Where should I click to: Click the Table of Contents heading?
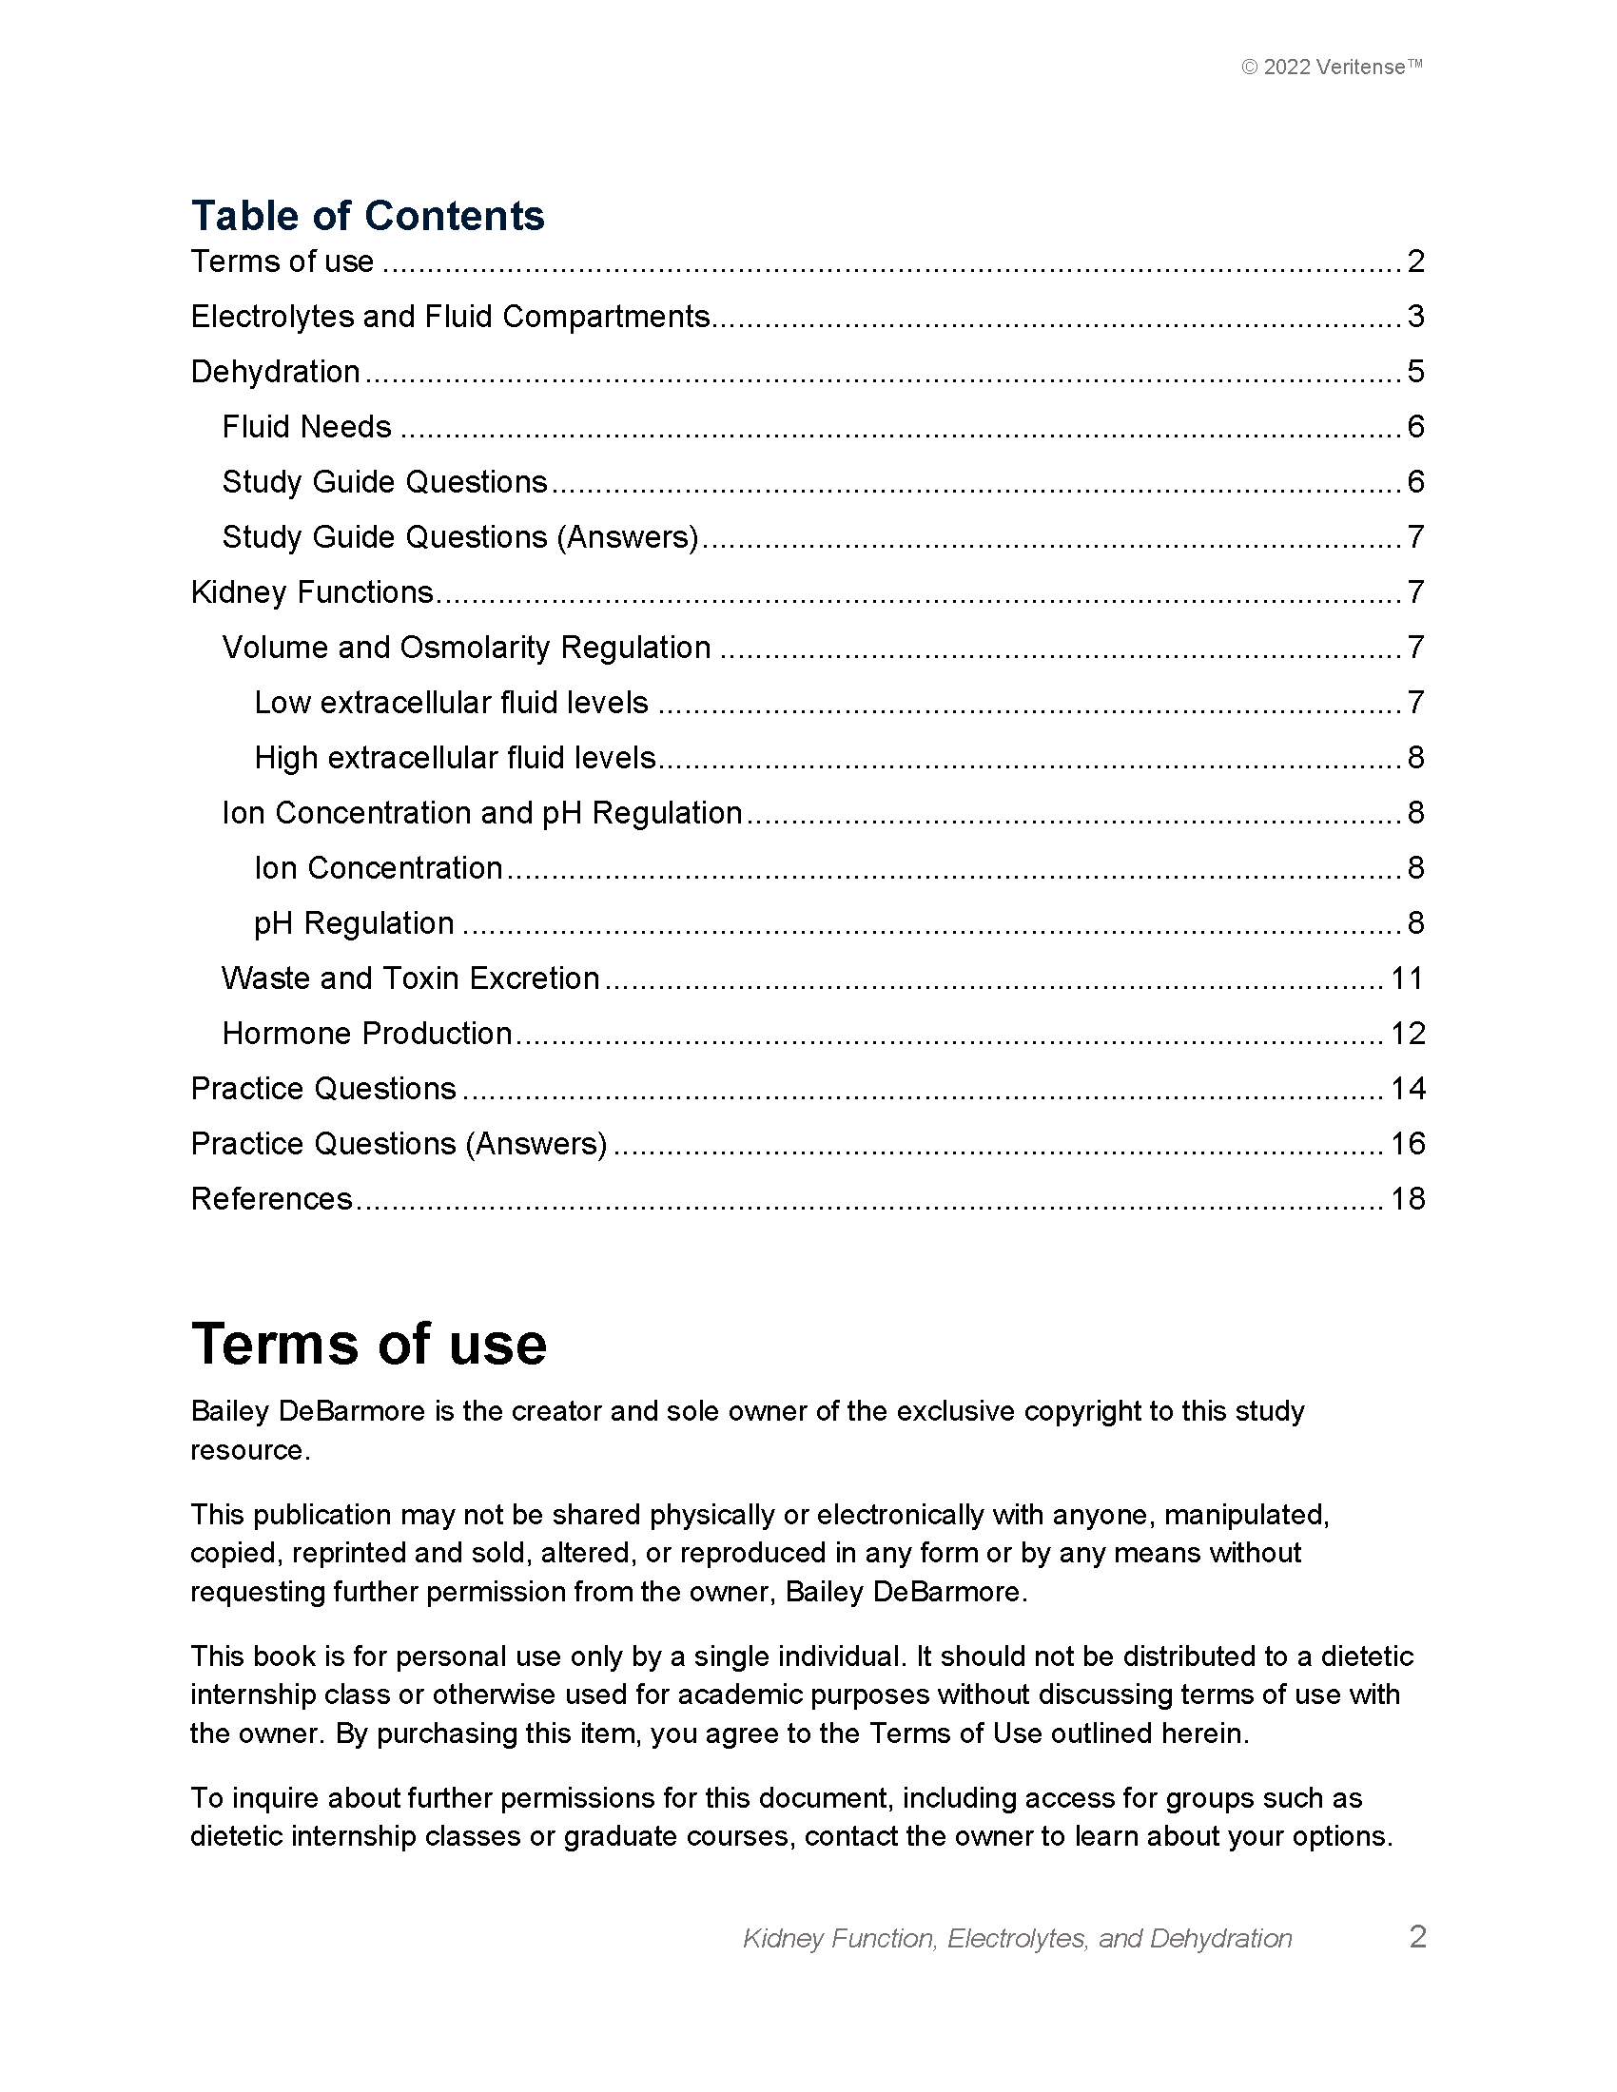click(367, 216)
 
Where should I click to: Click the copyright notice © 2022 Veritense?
click(1332, 68)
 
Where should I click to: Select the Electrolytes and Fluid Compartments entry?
click(450, 316)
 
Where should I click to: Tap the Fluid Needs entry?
click(306, 426)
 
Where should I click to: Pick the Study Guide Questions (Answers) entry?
click(459, 536)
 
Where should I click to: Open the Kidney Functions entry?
click(312, 592)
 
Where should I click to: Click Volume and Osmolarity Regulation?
click(466, 648)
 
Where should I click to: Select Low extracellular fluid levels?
click(451, 702)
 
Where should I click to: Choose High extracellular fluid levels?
click(455, 758)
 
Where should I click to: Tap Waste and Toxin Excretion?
click(411, 978)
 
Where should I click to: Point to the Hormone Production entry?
click(367, 1033)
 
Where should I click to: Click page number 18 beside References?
click(1407, 1198)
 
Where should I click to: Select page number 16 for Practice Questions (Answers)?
click(1407, 1144)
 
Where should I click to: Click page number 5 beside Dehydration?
click(1416, 372)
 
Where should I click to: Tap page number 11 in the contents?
click(1407, 978)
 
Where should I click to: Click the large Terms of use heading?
click(369, 1343)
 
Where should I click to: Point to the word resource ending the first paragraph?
click(249, 1450)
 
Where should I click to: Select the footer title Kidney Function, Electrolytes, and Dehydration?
click(1018, 1938)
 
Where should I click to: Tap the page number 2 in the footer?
click(1418, 1937)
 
